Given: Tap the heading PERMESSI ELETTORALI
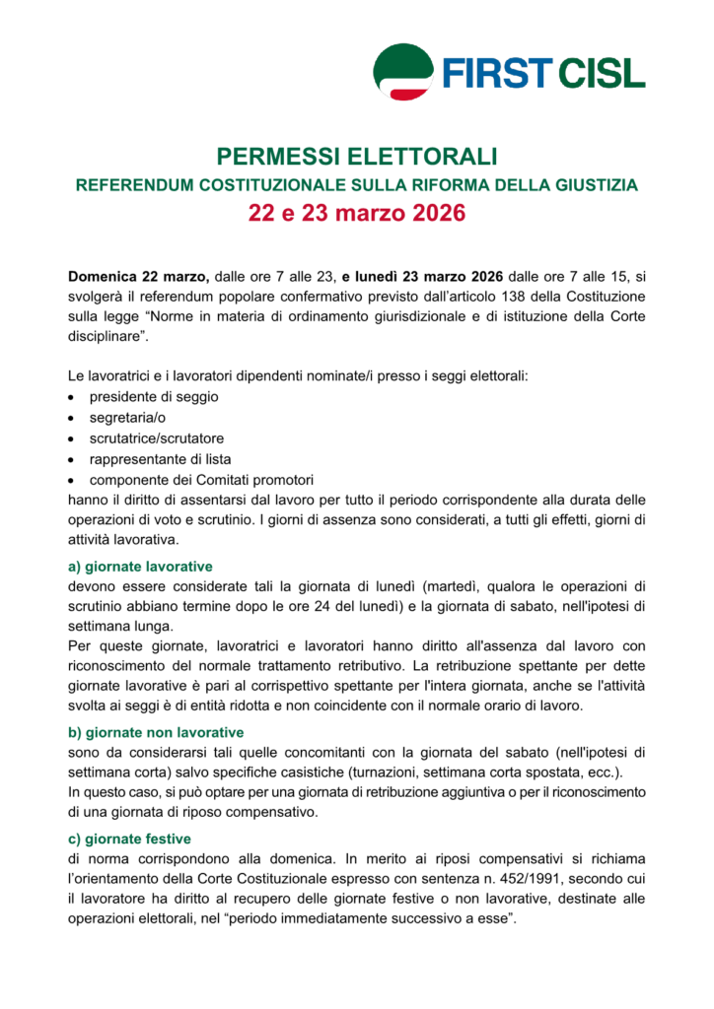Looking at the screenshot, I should click(x=356, y=157).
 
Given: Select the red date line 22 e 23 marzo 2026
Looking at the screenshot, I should click(x=356, y=213).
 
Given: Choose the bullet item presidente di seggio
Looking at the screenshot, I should click(x=154, y=396).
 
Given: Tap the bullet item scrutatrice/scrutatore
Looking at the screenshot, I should click(x=157, y=438).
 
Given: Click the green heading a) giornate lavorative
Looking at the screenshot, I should click(x=140, y=567).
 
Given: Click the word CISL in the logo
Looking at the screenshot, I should click(x=603, y=72).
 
